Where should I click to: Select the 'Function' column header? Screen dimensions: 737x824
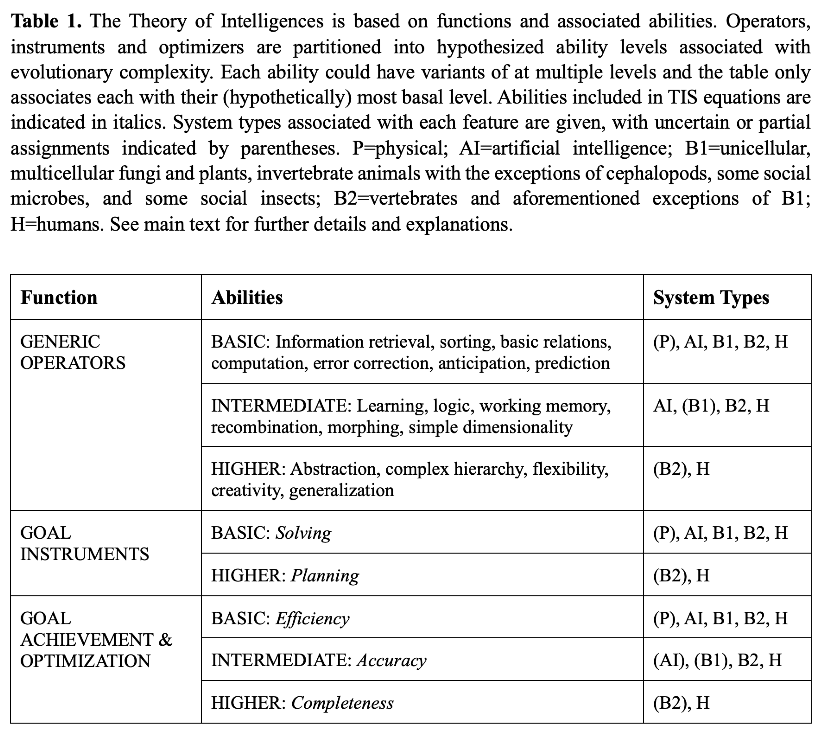[x=59, y=298]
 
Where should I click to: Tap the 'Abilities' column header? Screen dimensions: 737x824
[x=247, y=298]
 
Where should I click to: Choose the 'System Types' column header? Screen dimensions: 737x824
[x=711, y=298]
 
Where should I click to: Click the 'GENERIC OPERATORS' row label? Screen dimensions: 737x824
[x=73, y=352]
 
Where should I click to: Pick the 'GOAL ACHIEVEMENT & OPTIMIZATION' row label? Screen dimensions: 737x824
[x=96, y=640]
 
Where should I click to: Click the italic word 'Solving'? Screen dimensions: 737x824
[x=303, y=533]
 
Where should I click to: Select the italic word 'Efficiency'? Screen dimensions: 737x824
[x=312, y=618]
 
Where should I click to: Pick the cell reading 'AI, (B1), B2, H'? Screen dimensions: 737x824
[x=711, y=406]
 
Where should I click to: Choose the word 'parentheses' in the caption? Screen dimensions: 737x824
[x=289, y=148]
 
